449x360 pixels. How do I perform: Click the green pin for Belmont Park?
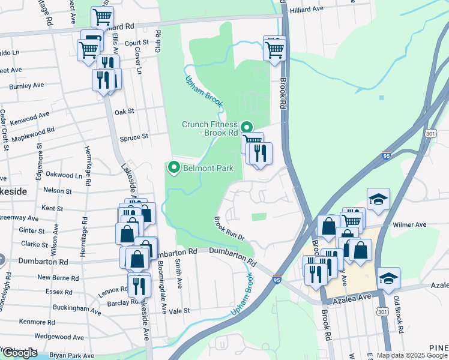(174, 168)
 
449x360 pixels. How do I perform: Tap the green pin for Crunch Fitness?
(246, 127)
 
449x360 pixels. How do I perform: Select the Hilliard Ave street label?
(306, 10)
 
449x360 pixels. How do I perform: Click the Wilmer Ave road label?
(409, 225)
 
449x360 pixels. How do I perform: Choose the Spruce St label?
(135, 137)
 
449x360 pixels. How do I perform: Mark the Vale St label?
(179, 311)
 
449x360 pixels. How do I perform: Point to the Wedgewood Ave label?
(59, 337)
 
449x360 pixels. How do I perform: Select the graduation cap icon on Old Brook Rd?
(388, 278)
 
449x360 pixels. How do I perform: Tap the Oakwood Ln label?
(64, 175)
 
